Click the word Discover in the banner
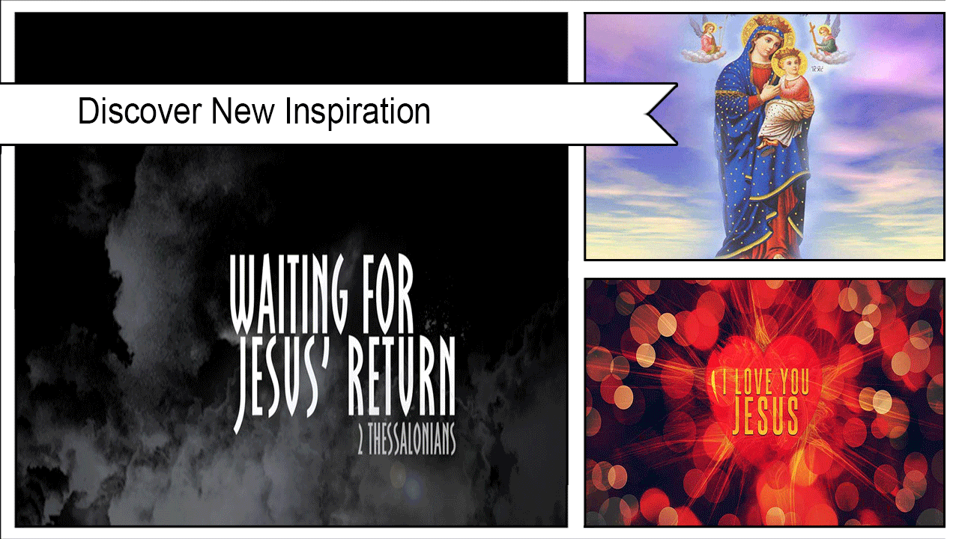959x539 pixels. point(139,111)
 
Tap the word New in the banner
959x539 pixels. point(243,111)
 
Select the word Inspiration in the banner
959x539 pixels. point(357,112)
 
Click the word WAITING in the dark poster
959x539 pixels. point(288,294)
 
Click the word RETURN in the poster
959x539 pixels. point(401,377)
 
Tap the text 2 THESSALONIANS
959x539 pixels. point(406,439)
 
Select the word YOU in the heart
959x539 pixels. point(795,382)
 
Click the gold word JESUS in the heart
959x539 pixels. point(766,415)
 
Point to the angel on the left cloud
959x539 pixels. point(708,40)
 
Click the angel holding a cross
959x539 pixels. point(825,40)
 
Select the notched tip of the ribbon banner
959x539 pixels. point(647,114)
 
